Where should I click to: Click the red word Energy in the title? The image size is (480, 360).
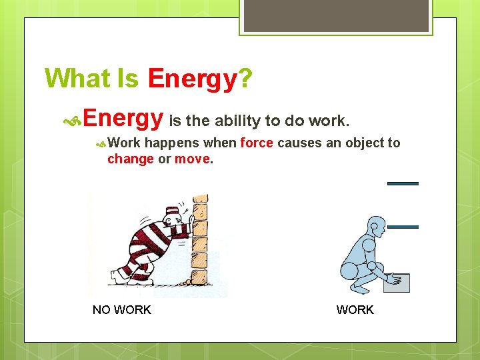[x=192, y=79]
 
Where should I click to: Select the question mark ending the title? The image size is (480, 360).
[x=245, y=79]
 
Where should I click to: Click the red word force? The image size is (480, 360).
[x=257, y=143]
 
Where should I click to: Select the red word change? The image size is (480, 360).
[x=131, y=159]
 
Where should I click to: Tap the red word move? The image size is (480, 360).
[x=192, y=159]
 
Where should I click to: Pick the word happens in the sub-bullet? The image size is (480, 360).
[x=172, y=143]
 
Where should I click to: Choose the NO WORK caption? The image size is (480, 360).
[x=122, y=310]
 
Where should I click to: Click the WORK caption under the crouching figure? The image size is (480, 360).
[x=355, y=310]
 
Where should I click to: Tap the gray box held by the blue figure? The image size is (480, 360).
[x=397, y=283]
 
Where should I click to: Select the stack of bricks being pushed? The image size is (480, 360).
[x=199, y=240]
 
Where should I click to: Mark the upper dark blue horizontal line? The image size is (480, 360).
[x=403, y=183]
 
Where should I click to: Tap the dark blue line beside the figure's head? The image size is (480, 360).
[x=403, y=227]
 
